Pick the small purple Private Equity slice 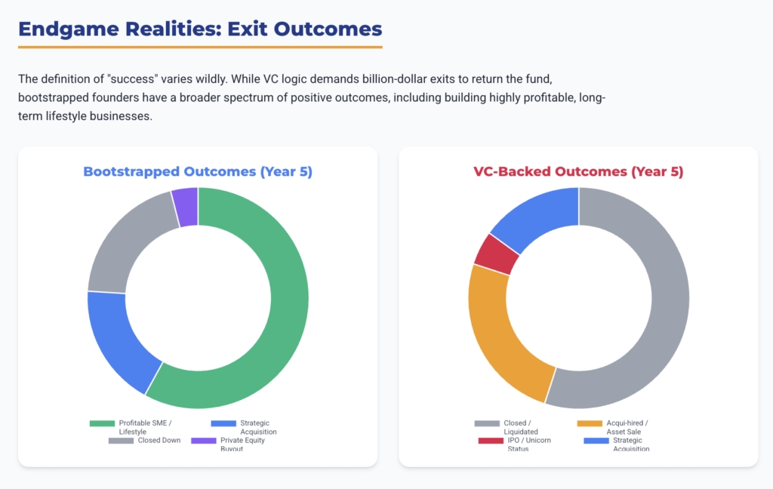click(x=186, y=206)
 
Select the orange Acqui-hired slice click(x=502, y=332)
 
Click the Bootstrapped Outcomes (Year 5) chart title click(x=198, y=172)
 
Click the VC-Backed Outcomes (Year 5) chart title click(x=578, y=172)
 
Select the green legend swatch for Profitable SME click(x=102, y=423)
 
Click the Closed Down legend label click(x=159, y=441)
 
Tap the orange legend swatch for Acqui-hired click(x=590, y=423)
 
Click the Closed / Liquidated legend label click(x=521, y=427)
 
